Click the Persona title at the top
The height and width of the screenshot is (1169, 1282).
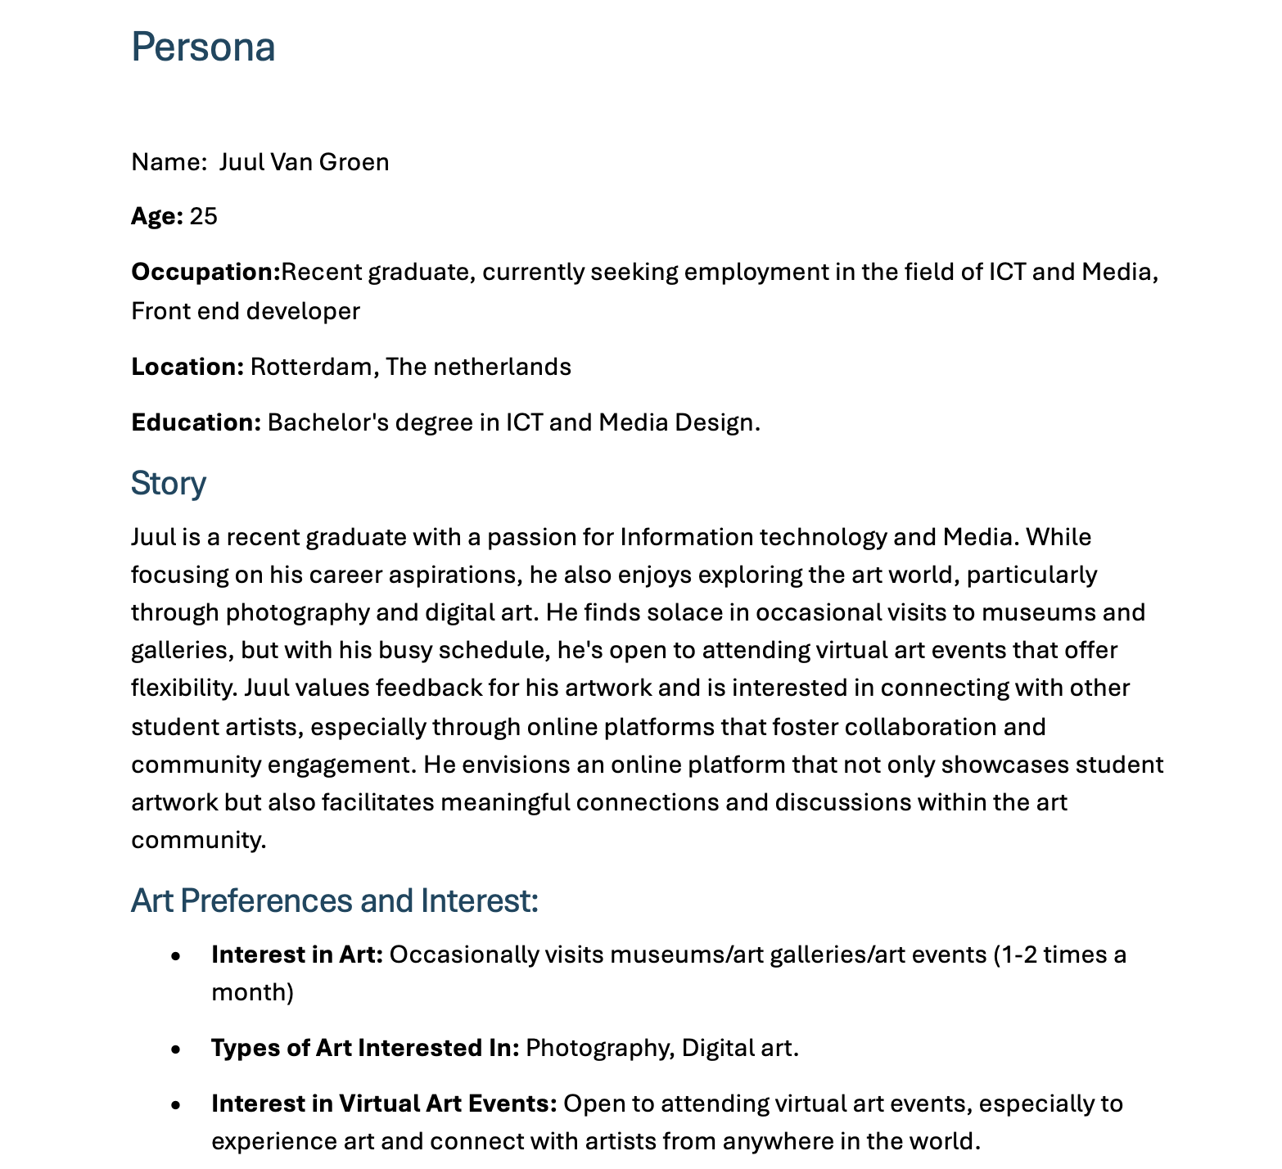point(203,47)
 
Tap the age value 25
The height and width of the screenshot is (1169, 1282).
point(204,216)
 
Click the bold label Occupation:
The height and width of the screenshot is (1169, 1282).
point(205,272)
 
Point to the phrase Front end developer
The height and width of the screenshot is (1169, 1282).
point(246,311)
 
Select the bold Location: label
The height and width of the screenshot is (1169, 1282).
point(187,367)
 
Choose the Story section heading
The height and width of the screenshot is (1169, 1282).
point(169,483)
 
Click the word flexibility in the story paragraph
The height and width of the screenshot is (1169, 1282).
point(183,688)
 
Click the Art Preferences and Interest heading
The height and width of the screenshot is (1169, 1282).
point(335,900)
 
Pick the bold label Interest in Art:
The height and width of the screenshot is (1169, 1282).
point(297,955)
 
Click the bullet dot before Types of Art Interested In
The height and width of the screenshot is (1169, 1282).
point(175,1049)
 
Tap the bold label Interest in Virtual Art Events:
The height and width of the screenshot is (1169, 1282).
point(384,1104)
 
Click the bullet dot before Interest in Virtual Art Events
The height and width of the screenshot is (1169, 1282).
point(175,1104)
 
